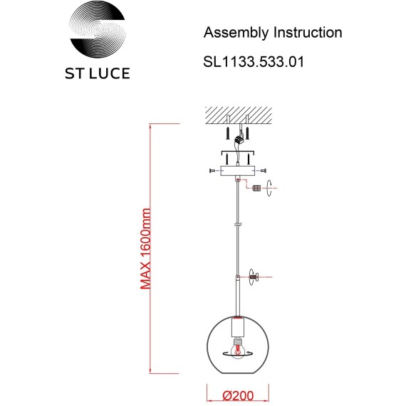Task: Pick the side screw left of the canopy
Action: click(214, 171)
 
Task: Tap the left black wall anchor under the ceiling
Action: click(227, 133)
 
